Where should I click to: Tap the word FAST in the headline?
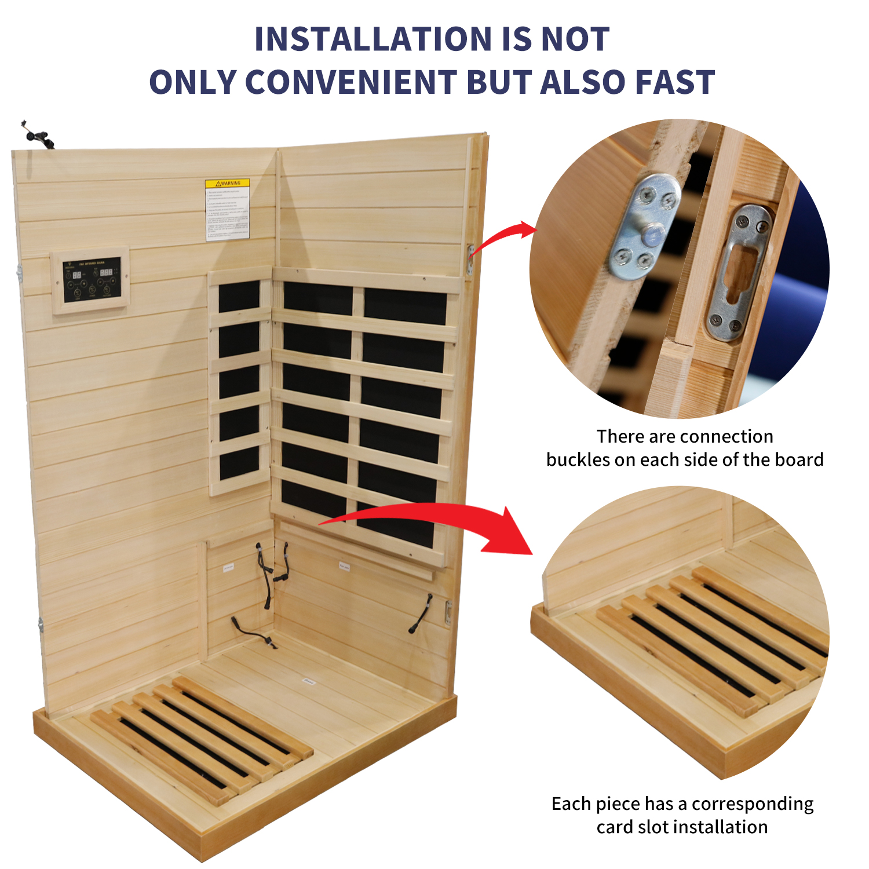[675, 82]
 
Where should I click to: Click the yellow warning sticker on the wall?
[228, 209]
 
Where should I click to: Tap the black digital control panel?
[92, 280]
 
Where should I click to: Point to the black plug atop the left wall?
[38, 137]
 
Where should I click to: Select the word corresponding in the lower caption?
[753, 804]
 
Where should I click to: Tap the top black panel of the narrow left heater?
[239, 296]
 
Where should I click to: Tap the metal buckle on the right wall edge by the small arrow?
[470, 259]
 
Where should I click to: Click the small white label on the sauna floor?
[309, 682]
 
